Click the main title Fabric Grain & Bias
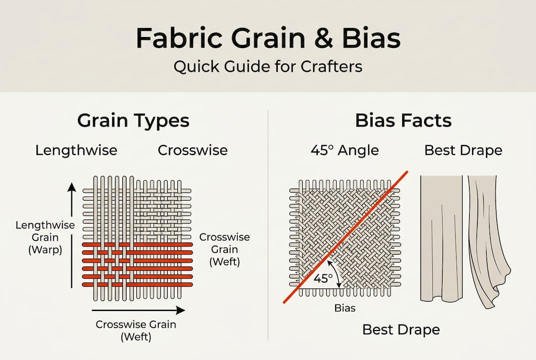pos(268,39)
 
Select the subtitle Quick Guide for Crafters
pos(268,66)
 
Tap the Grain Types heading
pos(133,120)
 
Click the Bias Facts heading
pos(403,120)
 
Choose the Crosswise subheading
pos(193,150)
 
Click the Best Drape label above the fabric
pos(463,150)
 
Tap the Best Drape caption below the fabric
pos(401,329)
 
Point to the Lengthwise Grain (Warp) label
pos(45,237)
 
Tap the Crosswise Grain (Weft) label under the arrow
pos(136,330)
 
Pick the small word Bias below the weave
pos(345,308)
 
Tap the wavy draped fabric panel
pos(487,240)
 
